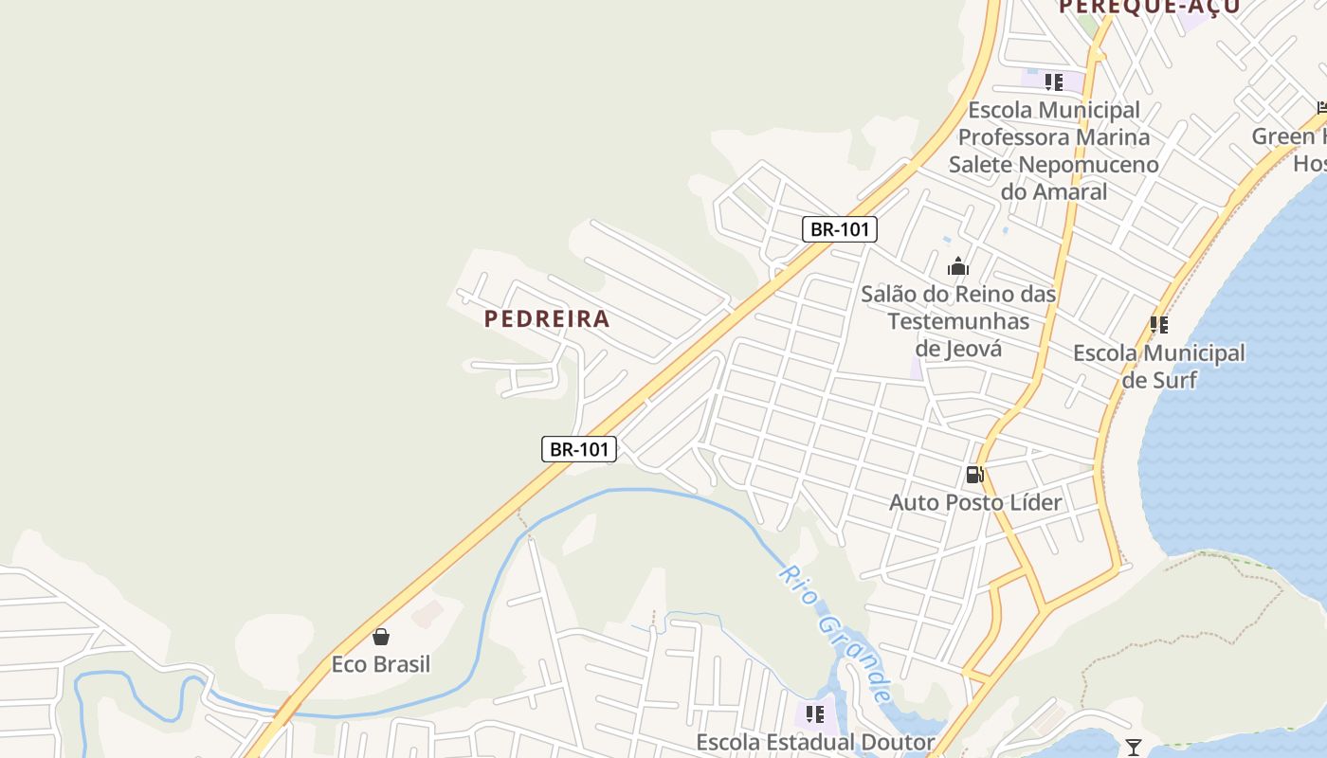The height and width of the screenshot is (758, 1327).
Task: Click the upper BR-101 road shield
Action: pyautogui.click(x=840, y=229)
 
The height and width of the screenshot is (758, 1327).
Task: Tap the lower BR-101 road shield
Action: pyautogui.click(x=579, y=449)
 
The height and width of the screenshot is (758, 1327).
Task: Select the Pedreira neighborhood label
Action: pyautogui.click(x=547, y=319)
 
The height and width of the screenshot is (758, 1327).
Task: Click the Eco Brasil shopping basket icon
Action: pyautogui.click(x=381, y=637)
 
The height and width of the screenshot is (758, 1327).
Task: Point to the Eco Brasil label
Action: pyautogui.click(x=381, y=664)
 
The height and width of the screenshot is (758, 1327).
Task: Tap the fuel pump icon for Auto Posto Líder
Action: pyautogui.click(x=974, y=475)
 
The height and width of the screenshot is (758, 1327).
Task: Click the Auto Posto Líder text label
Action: pyautogui.click(x=975, y=502)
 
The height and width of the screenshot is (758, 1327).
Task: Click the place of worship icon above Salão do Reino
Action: pyautogui.click(x=958, y=266)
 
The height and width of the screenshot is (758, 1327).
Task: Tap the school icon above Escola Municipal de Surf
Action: pyautogui.click(x=1158, y=325)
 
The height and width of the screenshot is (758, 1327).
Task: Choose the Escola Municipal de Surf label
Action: pyautogui.click(x=1159, y=367)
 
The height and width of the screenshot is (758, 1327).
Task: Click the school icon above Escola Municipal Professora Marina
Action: pyautogui.click(x=1054, y=82)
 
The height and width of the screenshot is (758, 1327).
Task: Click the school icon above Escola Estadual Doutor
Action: pyautogui.click(x=815, y=713)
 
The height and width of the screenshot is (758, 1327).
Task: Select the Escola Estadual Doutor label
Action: pyautogui.click(x=816, y=742)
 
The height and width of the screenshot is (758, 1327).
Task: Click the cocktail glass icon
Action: pyautogui.click(x=1133, y=748)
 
